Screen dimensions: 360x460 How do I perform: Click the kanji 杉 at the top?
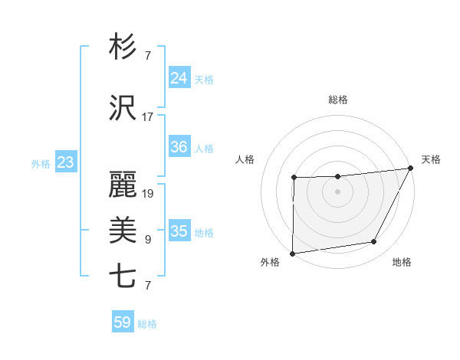(x=123, y=47)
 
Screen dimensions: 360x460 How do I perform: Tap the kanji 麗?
(x=123, y=186)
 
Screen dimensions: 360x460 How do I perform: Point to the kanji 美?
(x=123, y=231)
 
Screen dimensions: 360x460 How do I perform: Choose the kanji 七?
(x=123, y=277)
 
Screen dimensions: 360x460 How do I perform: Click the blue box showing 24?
(x=179, y=78)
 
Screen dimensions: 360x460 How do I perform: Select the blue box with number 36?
(x=179, y=147)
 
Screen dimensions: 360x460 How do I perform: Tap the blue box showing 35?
(x=179, y=231)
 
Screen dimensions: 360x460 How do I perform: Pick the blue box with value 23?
(x=65, y=162)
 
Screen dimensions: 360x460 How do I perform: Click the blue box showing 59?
(x=123, y=322)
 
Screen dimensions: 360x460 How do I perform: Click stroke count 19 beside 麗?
(x=148, y=194)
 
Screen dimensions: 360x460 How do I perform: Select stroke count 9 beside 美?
(x=148, y=240)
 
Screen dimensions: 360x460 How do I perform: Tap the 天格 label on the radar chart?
(x=431, y=159)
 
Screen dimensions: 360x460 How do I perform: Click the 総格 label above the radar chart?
(x=338, y=100)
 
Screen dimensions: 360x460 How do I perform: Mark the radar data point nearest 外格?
(x=293, y=254)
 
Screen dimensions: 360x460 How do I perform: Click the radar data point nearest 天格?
(x=411, y=168)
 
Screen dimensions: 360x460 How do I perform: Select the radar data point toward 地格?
(x=374, y=242)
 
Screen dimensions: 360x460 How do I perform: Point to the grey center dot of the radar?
(x=337, y=191)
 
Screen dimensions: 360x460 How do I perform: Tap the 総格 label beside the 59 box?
(x=147, y=324)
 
